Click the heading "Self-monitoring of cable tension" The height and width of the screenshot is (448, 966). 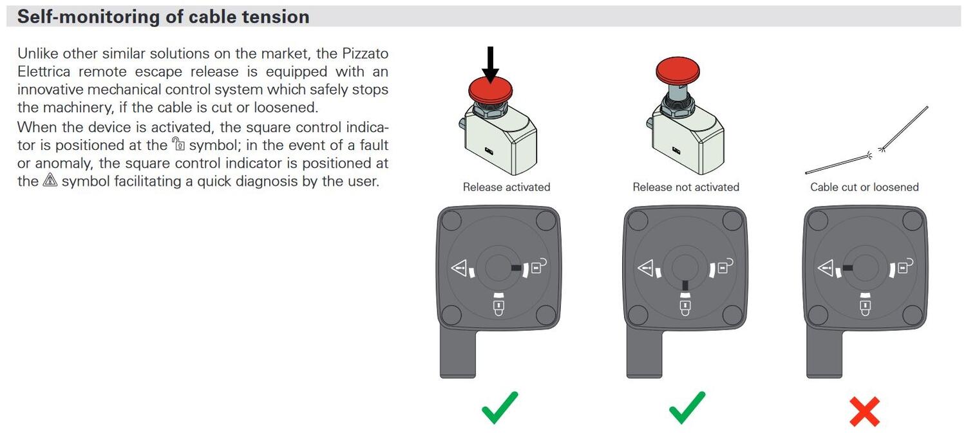(x=163, y=17)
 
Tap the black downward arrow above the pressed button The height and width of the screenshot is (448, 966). (x=490, y=64)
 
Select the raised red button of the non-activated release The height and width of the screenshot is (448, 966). (x=677, y=70)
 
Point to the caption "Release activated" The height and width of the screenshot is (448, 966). (x=506, y=187)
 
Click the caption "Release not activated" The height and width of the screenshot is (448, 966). (x=686, y=187)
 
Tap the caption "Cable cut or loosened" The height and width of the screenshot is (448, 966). (x=864, y=187)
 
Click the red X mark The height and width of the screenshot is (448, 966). (x=864, y=412)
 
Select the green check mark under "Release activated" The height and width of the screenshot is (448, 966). (x=499, y=408)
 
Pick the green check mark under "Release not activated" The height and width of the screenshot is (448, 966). (x=687, y=408)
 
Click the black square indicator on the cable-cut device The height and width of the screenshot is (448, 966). (x=848, y=268)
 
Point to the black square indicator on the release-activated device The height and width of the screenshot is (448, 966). (x=516, y=268)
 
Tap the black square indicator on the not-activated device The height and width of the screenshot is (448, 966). (x=685, y=285)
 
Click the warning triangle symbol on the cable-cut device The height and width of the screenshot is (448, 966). (x=826, y=268)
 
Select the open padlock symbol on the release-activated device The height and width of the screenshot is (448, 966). (x=538, y=266)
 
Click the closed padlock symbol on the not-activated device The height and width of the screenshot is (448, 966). (x=685, y=308)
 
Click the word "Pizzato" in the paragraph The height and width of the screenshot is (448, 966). (x=365, y=53)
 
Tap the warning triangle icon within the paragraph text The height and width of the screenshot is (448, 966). (x=50, y=180)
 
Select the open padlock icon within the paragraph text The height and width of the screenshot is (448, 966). (x=178, y=144)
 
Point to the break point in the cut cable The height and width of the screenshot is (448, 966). (x=876, y=152)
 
